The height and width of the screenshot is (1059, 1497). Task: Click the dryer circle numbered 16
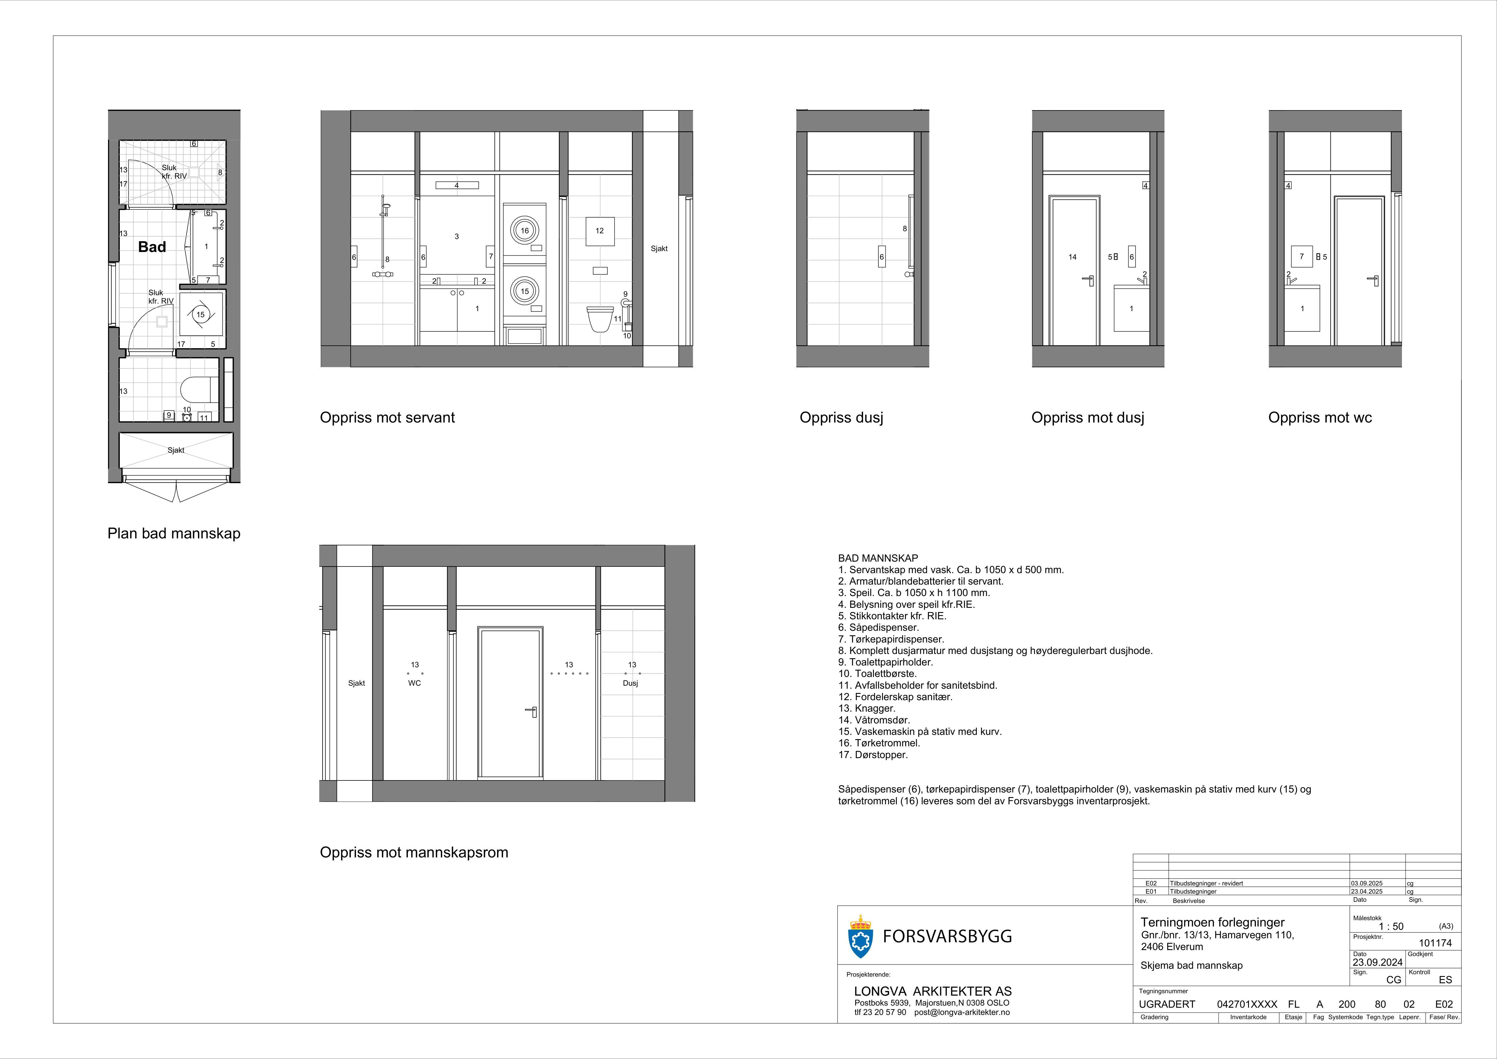pos(524,230)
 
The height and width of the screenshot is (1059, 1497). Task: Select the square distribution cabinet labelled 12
pos(600,231)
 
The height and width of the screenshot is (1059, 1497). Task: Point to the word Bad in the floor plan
pos(152,247)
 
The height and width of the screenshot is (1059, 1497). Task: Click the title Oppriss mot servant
pos(387,417)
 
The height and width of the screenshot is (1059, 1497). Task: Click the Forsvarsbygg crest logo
pos(860,936)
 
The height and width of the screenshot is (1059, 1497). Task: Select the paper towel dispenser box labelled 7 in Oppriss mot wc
pos(1302,256)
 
